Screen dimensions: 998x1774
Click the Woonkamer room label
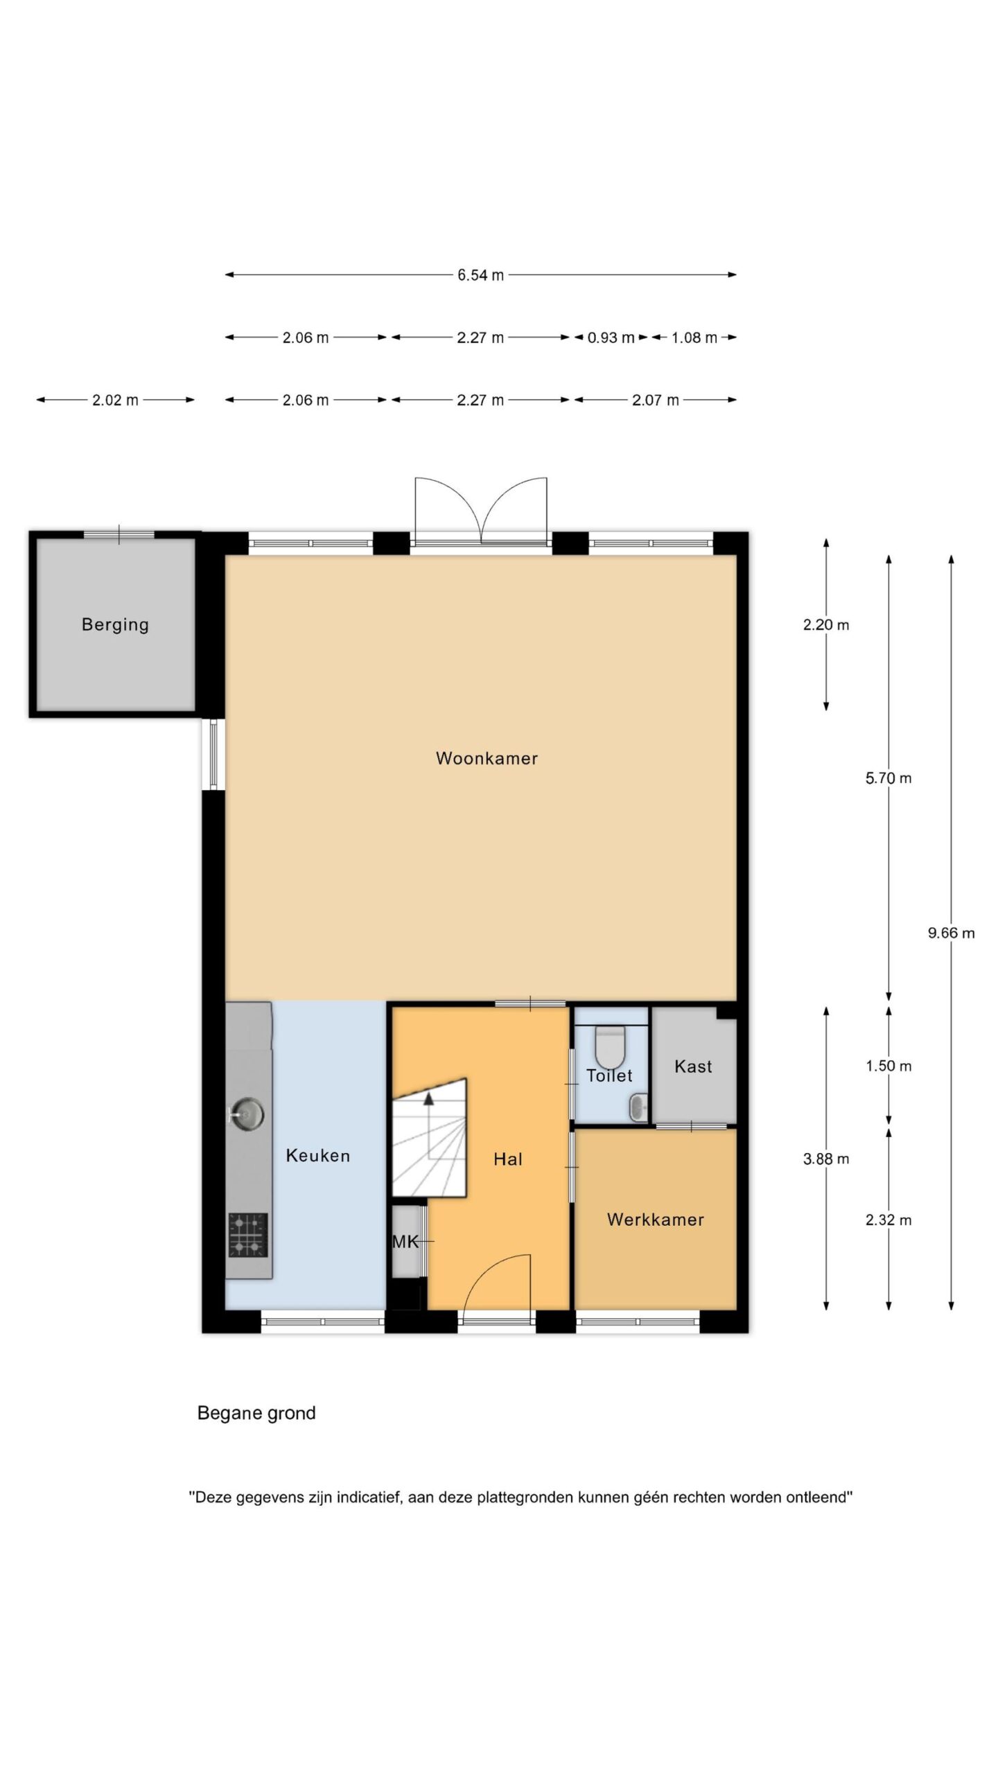coord(487,758)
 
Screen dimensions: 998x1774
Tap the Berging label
coord(115,625)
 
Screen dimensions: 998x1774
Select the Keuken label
coord(318,1155)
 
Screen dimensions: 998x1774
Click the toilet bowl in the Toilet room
coord(610,1047)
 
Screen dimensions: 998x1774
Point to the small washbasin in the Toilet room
coord(638,1107)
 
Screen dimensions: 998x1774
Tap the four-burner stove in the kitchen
coord(248,1234)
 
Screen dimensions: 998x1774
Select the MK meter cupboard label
coord(405,1242)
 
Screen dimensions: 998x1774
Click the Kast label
coord(693,1066)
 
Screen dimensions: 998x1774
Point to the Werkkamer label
coord(656,1220)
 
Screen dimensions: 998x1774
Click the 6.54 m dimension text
coord(480,275)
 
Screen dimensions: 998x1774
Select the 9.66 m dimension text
coord(951,933)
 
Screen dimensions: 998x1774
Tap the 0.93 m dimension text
coord(611,338)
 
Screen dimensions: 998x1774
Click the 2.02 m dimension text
coord(115,401)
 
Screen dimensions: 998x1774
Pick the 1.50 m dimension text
coord(888,1066)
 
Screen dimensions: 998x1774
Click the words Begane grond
coord(256,1413)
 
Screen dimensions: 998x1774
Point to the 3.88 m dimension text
coord(826,1159)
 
